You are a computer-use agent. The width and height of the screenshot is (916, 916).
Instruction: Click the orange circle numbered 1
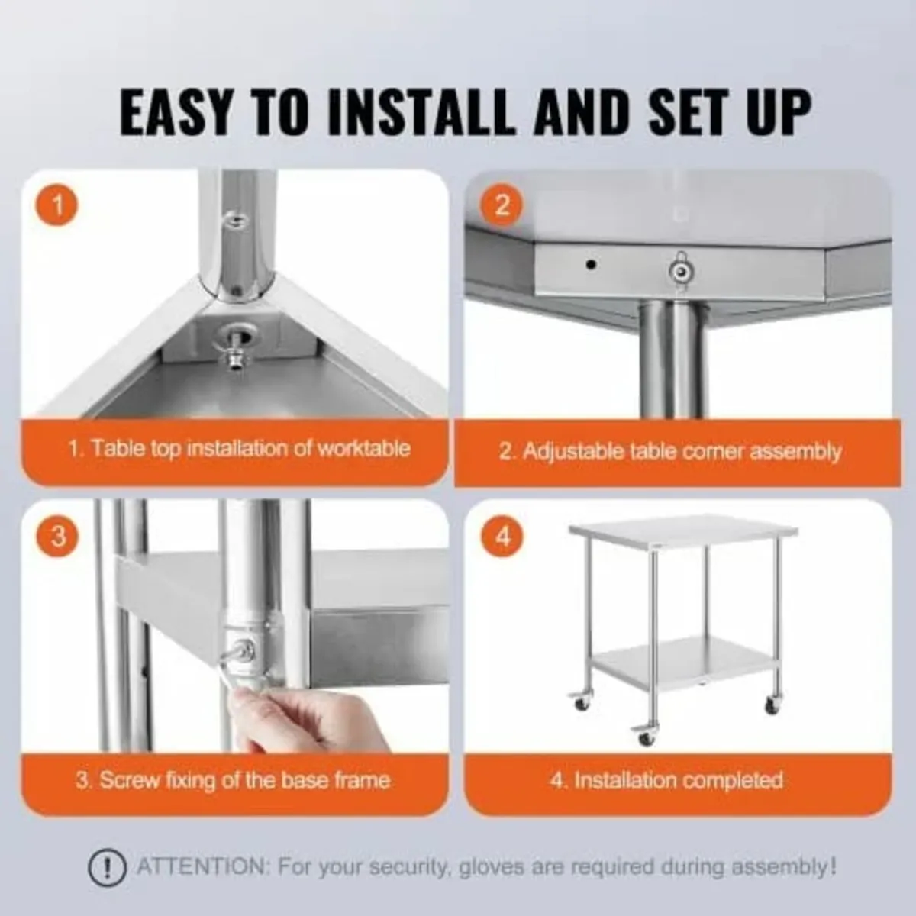pyautogui.click(x=57, y=205)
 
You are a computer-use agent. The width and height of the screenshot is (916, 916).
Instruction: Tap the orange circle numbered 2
pyautogui.click(x=502, y=205)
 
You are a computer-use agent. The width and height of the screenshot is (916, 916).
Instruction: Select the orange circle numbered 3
pyautogui.click(x=57, y=537)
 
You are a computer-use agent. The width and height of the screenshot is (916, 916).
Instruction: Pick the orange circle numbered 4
pyautogui.click(x=502, y=537)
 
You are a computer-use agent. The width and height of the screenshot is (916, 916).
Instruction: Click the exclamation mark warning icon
pyautogui.click(x=108, y=867)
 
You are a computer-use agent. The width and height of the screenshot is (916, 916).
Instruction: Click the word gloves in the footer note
pyautogui.click(x=480, y=867)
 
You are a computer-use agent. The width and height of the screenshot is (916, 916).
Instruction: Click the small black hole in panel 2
pyautogui.click(x=591, y=265)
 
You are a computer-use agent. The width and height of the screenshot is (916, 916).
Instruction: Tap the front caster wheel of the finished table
pyautogui.click(x=646, y=737)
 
